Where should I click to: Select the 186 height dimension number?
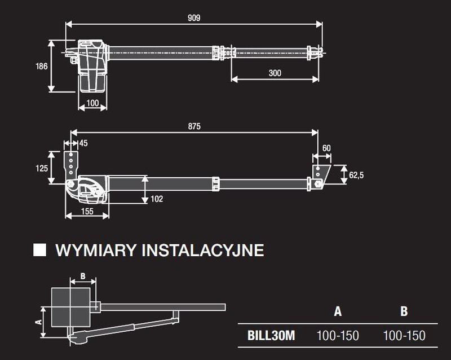(41, 65)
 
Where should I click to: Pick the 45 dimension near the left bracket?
(83, 143)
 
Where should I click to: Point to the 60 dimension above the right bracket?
(326, 148)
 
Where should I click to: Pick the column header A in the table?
(338, 311)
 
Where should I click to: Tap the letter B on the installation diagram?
(83, 277)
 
